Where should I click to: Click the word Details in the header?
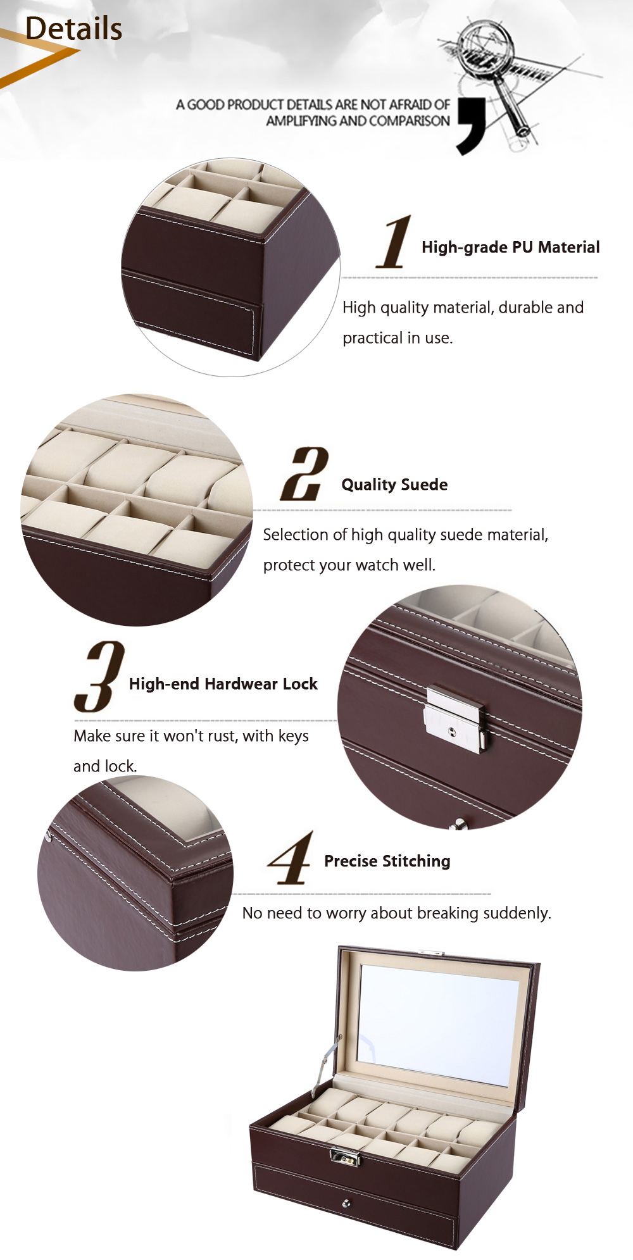(73, 29)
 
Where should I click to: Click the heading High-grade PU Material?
(510, 247)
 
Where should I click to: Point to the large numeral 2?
(304, 474)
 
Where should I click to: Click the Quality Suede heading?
(394, 485)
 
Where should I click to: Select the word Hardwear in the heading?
(242, 683)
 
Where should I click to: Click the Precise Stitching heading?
(387, 861)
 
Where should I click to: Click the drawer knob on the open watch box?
(346, 1203)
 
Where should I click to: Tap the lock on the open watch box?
(345, 1157)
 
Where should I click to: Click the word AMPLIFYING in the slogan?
(301, 121)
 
